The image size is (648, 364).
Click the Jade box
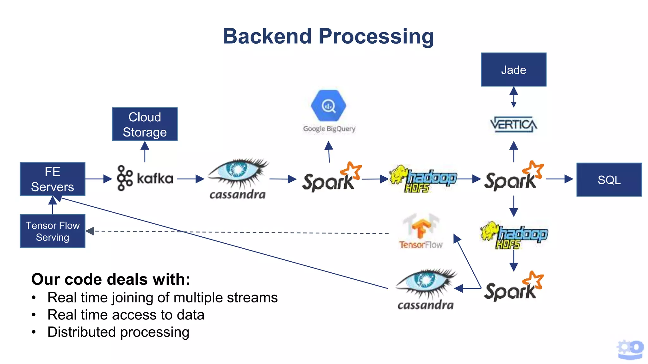tap(513, 70)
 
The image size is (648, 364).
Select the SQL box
tap(609, 179)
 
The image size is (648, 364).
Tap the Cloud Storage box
tap(145, 124)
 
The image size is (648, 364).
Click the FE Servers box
tap(53, 179)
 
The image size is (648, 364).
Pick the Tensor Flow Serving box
tap(53, 231)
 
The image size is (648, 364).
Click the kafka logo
tap(145, 178)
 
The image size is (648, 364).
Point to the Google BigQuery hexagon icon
tap(328, 106)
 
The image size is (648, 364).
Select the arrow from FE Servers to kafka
tap(98, 179)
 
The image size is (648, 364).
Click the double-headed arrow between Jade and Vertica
tap(514, 97)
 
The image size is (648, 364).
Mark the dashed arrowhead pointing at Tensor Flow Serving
tap(90, 231)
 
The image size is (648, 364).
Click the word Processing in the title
tap(376, 36)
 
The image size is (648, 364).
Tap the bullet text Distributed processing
tap(118, 332)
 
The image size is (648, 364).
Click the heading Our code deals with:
tap(111, 279)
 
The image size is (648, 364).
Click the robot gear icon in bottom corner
tap(630, 349)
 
